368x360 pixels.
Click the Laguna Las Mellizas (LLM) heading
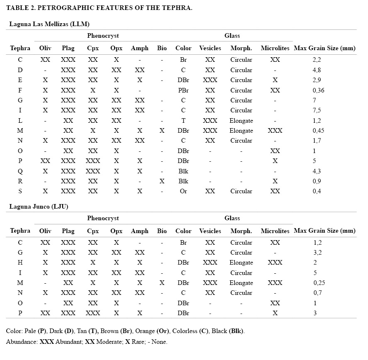49,24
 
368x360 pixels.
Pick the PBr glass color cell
183,90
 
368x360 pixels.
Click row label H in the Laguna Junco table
20,263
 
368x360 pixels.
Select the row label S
20,191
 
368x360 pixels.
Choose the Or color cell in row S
183,191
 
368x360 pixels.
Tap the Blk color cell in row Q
183,171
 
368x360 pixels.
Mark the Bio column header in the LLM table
162,48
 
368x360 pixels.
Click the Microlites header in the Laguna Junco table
275,231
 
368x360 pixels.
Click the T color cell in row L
183,121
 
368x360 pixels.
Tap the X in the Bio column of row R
162,181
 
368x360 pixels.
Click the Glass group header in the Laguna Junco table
232,218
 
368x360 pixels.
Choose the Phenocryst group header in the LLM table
103,36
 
